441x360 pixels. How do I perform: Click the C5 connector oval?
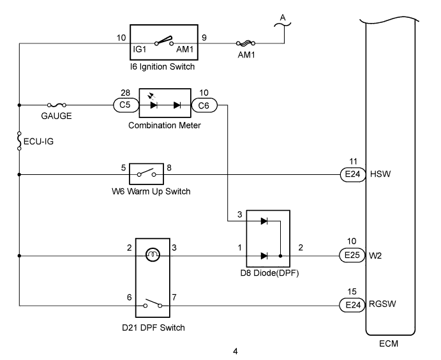[x=126, y=105]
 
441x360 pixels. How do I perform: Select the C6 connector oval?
[x=204, y=105]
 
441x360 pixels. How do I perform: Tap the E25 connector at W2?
[x=352, y=255]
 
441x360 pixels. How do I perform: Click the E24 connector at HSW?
[x=353, y=174]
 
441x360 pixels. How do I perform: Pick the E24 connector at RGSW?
[x=352, y=305]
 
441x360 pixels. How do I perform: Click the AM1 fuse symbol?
[x=246, y=43]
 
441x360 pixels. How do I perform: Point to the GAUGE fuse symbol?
[x=57, y=105]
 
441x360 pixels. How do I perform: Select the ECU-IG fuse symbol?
[x=19, y=140]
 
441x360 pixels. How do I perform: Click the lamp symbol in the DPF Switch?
[x=153, y=255]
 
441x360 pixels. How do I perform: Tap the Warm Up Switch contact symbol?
[x=146, y=173]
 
